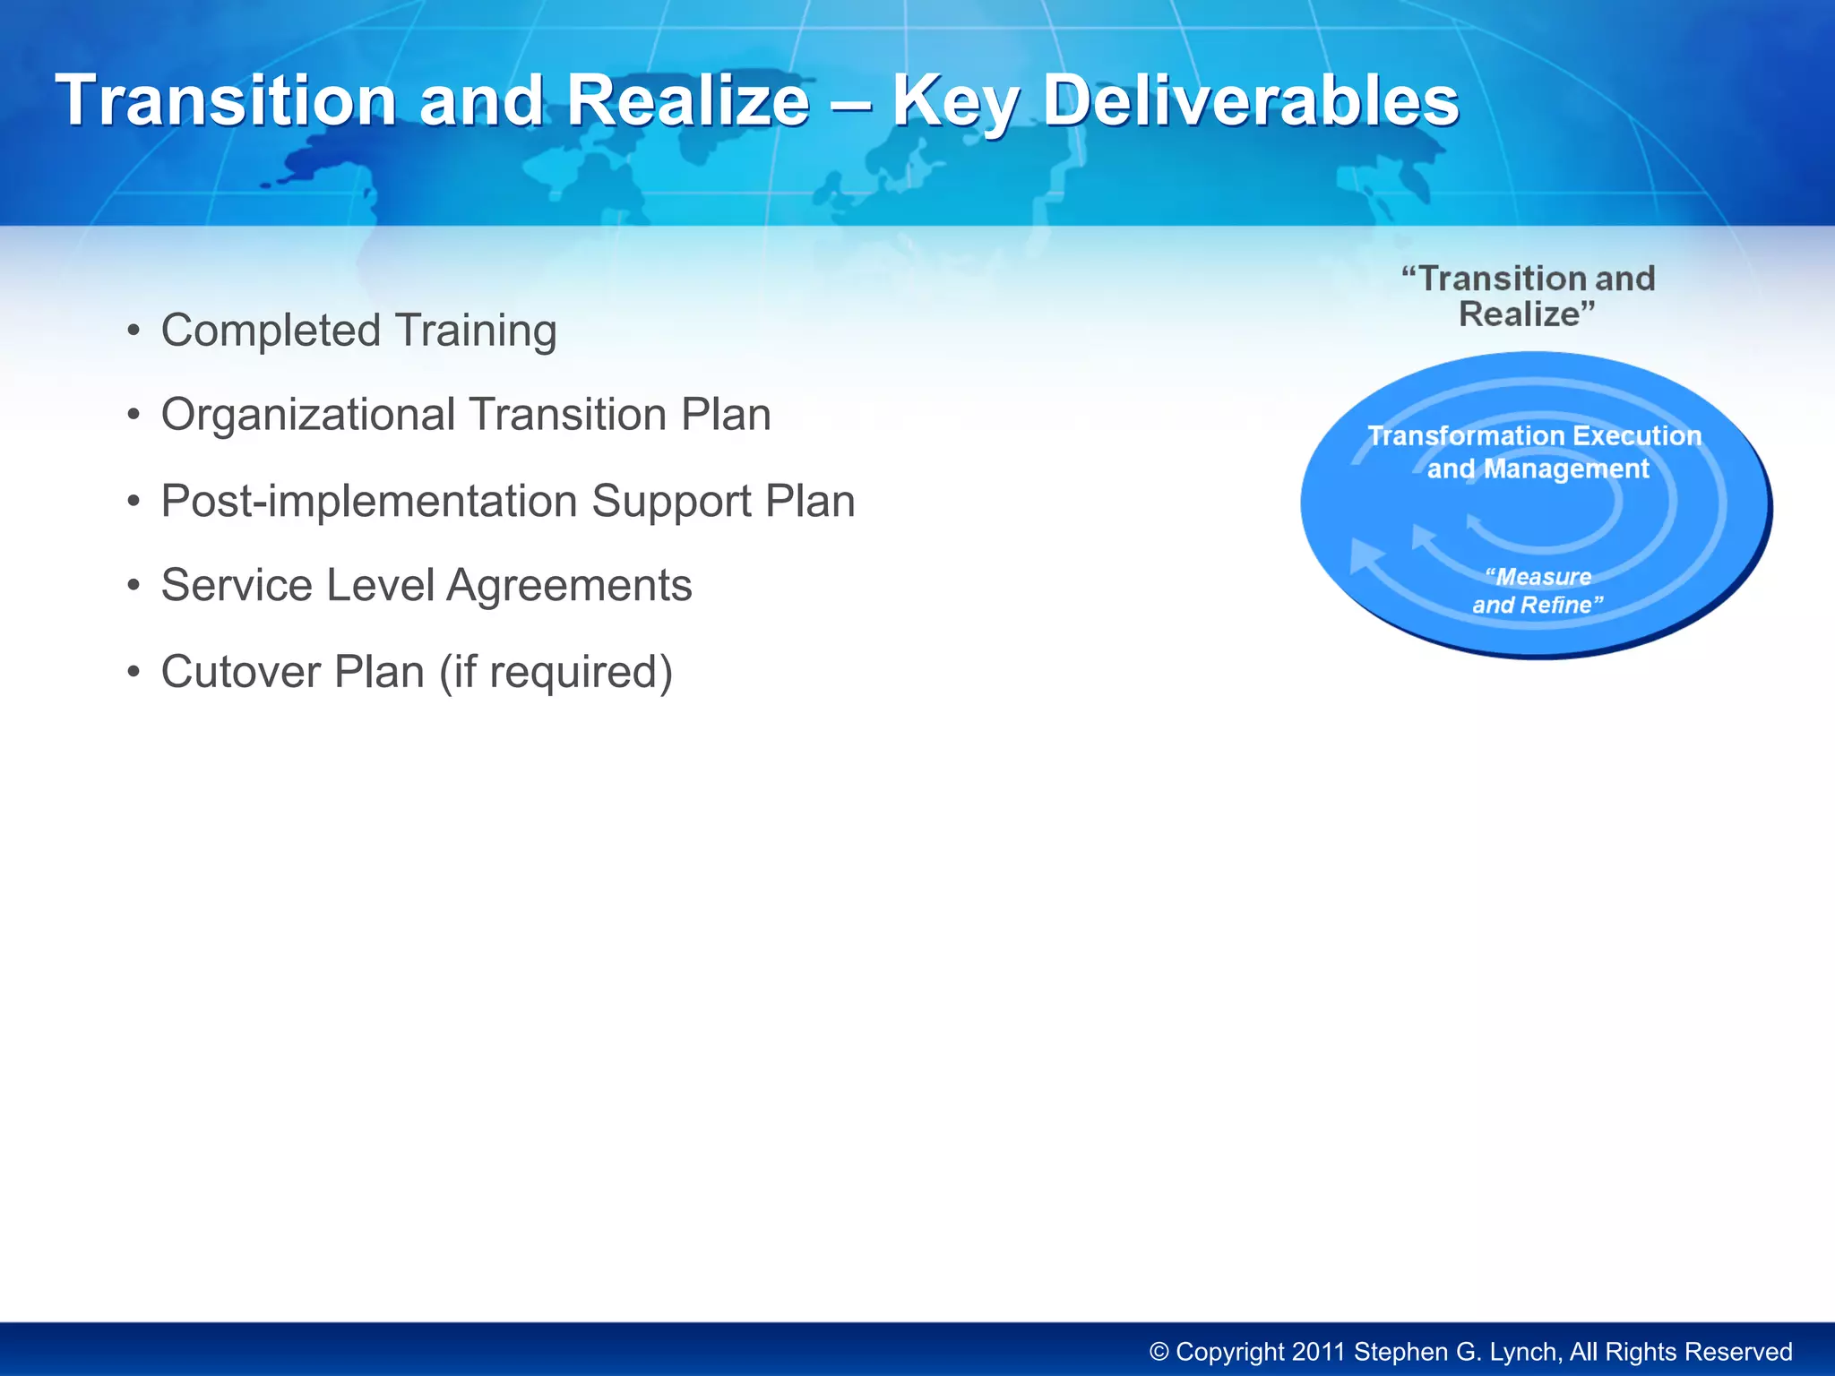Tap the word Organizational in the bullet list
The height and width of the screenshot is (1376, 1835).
point(308,415)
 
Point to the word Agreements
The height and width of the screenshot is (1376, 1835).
point(569,586)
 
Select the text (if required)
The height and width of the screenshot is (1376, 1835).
point(556,672)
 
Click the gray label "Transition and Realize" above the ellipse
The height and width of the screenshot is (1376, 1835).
point(1528,297)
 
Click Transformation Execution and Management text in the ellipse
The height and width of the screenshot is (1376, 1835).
point(1535,452)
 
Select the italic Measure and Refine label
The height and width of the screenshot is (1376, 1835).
point(1538,590)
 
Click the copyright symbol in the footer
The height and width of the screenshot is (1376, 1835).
point(1159,1352)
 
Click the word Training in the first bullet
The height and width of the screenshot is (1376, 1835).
point(476,331)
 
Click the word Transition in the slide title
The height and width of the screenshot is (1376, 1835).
point(226,100)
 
